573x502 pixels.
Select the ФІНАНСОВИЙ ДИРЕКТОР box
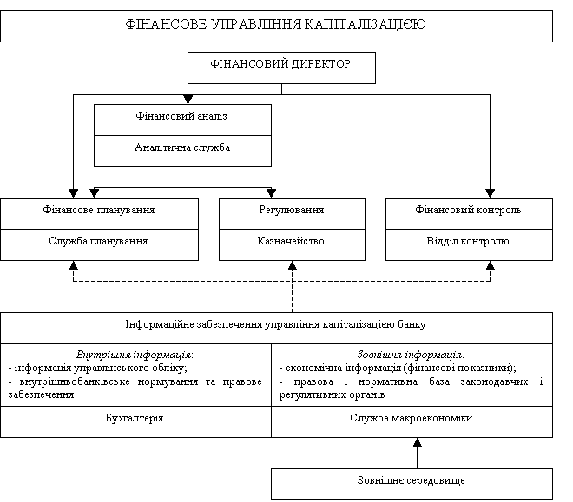(281, 65)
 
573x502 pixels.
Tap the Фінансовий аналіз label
(182, 115)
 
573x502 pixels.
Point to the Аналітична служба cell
(182, 147)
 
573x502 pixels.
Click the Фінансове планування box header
(99, 211)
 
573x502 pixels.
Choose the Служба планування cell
(99, 242)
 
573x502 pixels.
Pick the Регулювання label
(292, 211)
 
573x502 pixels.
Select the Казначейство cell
(292, 242)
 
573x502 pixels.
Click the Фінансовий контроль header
(469, 211)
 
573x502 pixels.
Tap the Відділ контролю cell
(469, 242)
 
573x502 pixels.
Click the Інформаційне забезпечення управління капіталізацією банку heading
(276, 324)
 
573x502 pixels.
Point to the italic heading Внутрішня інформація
(135, 354)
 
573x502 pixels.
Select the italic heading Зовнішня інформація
(412, 354)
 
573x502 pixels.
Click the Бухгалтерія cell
(135, 419)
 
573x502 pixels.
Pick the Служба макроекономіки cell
(412, 419)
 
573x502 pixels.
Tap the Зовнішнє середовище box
(412, 480)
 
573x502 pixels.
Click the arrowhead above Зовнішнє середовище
(417, 442)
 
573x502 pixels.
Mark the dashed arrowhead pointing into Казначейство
(293, 265)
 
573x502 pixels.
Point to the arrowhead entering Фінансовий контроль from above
(491, 193)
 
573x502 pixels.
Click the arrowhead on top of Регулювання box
(272, 193)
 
